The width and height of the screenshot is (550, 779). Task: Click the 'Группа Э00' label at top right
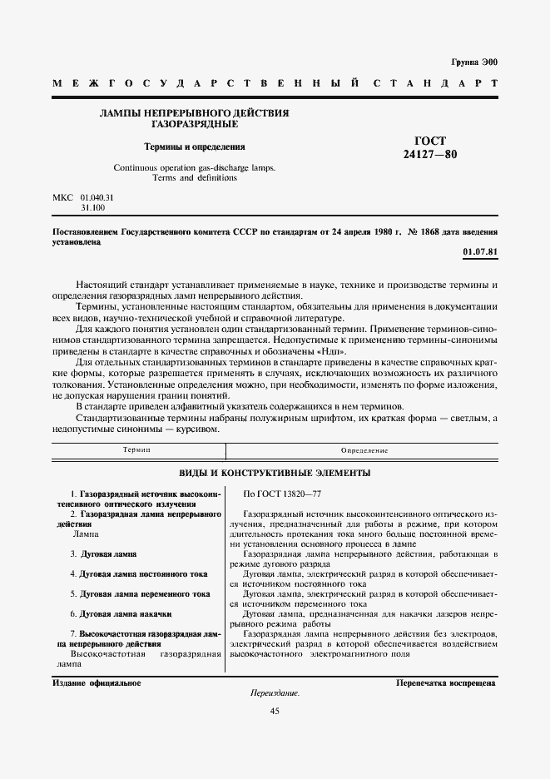click(x=473, y=62)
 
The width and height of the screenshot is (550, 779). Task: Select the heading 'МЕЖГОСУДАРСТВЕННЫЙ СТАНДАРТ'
click(x=275, y=83)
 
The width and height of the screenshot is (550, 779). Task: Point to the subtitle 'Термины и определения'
click(x=195, y=146)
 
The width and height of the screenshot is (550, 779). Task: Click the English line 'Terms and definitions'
click(x=195, y=177)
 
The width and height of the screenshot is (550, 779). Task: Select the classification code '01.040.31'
click(x=97, y=196)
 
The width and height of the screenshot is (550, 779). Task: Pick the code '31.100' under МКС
click(x=92, y=206)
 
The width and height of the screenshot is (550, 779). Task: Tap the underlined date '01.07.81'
click(x=479, y=252)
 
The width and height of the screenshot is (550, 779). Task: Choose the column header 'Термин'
click(x=136, y=450)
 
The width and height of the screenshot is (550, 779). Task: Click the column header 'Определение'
click(x=364, y=450)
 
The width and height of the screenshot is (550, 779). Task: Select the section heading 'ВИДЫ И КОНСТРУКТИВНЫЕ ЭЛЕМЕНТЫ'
click(x=275, y=473)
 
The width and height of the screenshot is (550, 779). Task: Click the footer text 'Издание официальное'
click(x=97, y=682)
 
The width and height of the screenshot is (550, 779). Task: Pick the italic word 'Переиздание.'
click(x=275, y=693)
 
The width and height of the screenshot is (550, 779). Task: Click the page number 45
click(x=275, y=711)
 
